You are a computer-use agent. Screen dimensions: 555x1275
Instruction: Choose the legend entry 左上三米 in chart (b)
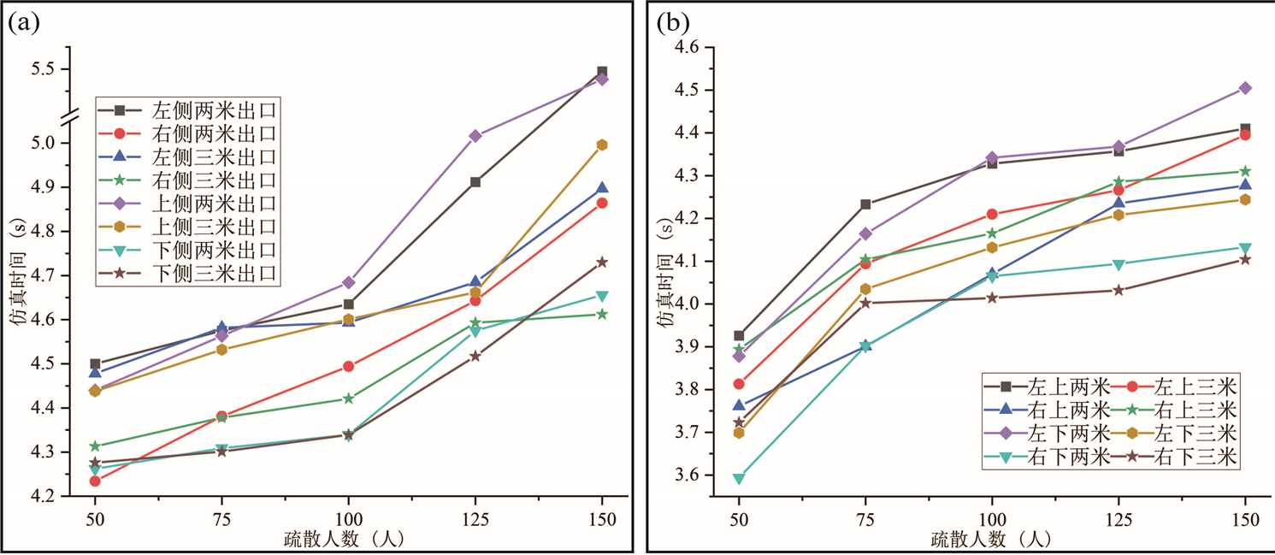pos(1183,383)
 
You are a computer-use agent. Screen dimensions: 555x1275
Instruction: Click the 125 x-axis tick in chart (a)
pos(475,518)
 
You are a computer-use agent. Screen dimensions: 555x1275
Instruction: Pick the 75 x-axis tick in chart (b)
pos(865,518)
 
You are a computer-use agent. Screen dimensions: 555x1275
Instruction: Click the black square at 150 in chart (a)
pos(602,72)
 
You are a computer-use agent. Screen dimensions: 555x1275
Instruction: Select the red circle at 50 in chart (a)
pos(95,481)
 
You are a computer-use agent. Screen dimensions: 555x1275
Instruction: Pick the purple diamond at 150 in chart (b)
pos(1245,88)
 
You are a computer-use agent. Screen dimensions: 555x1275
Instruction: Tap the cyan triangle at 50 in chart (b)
pos(739,478)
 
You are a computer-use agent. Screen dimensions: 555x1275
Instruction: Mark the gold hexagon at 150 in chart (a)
pos(602,145)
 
